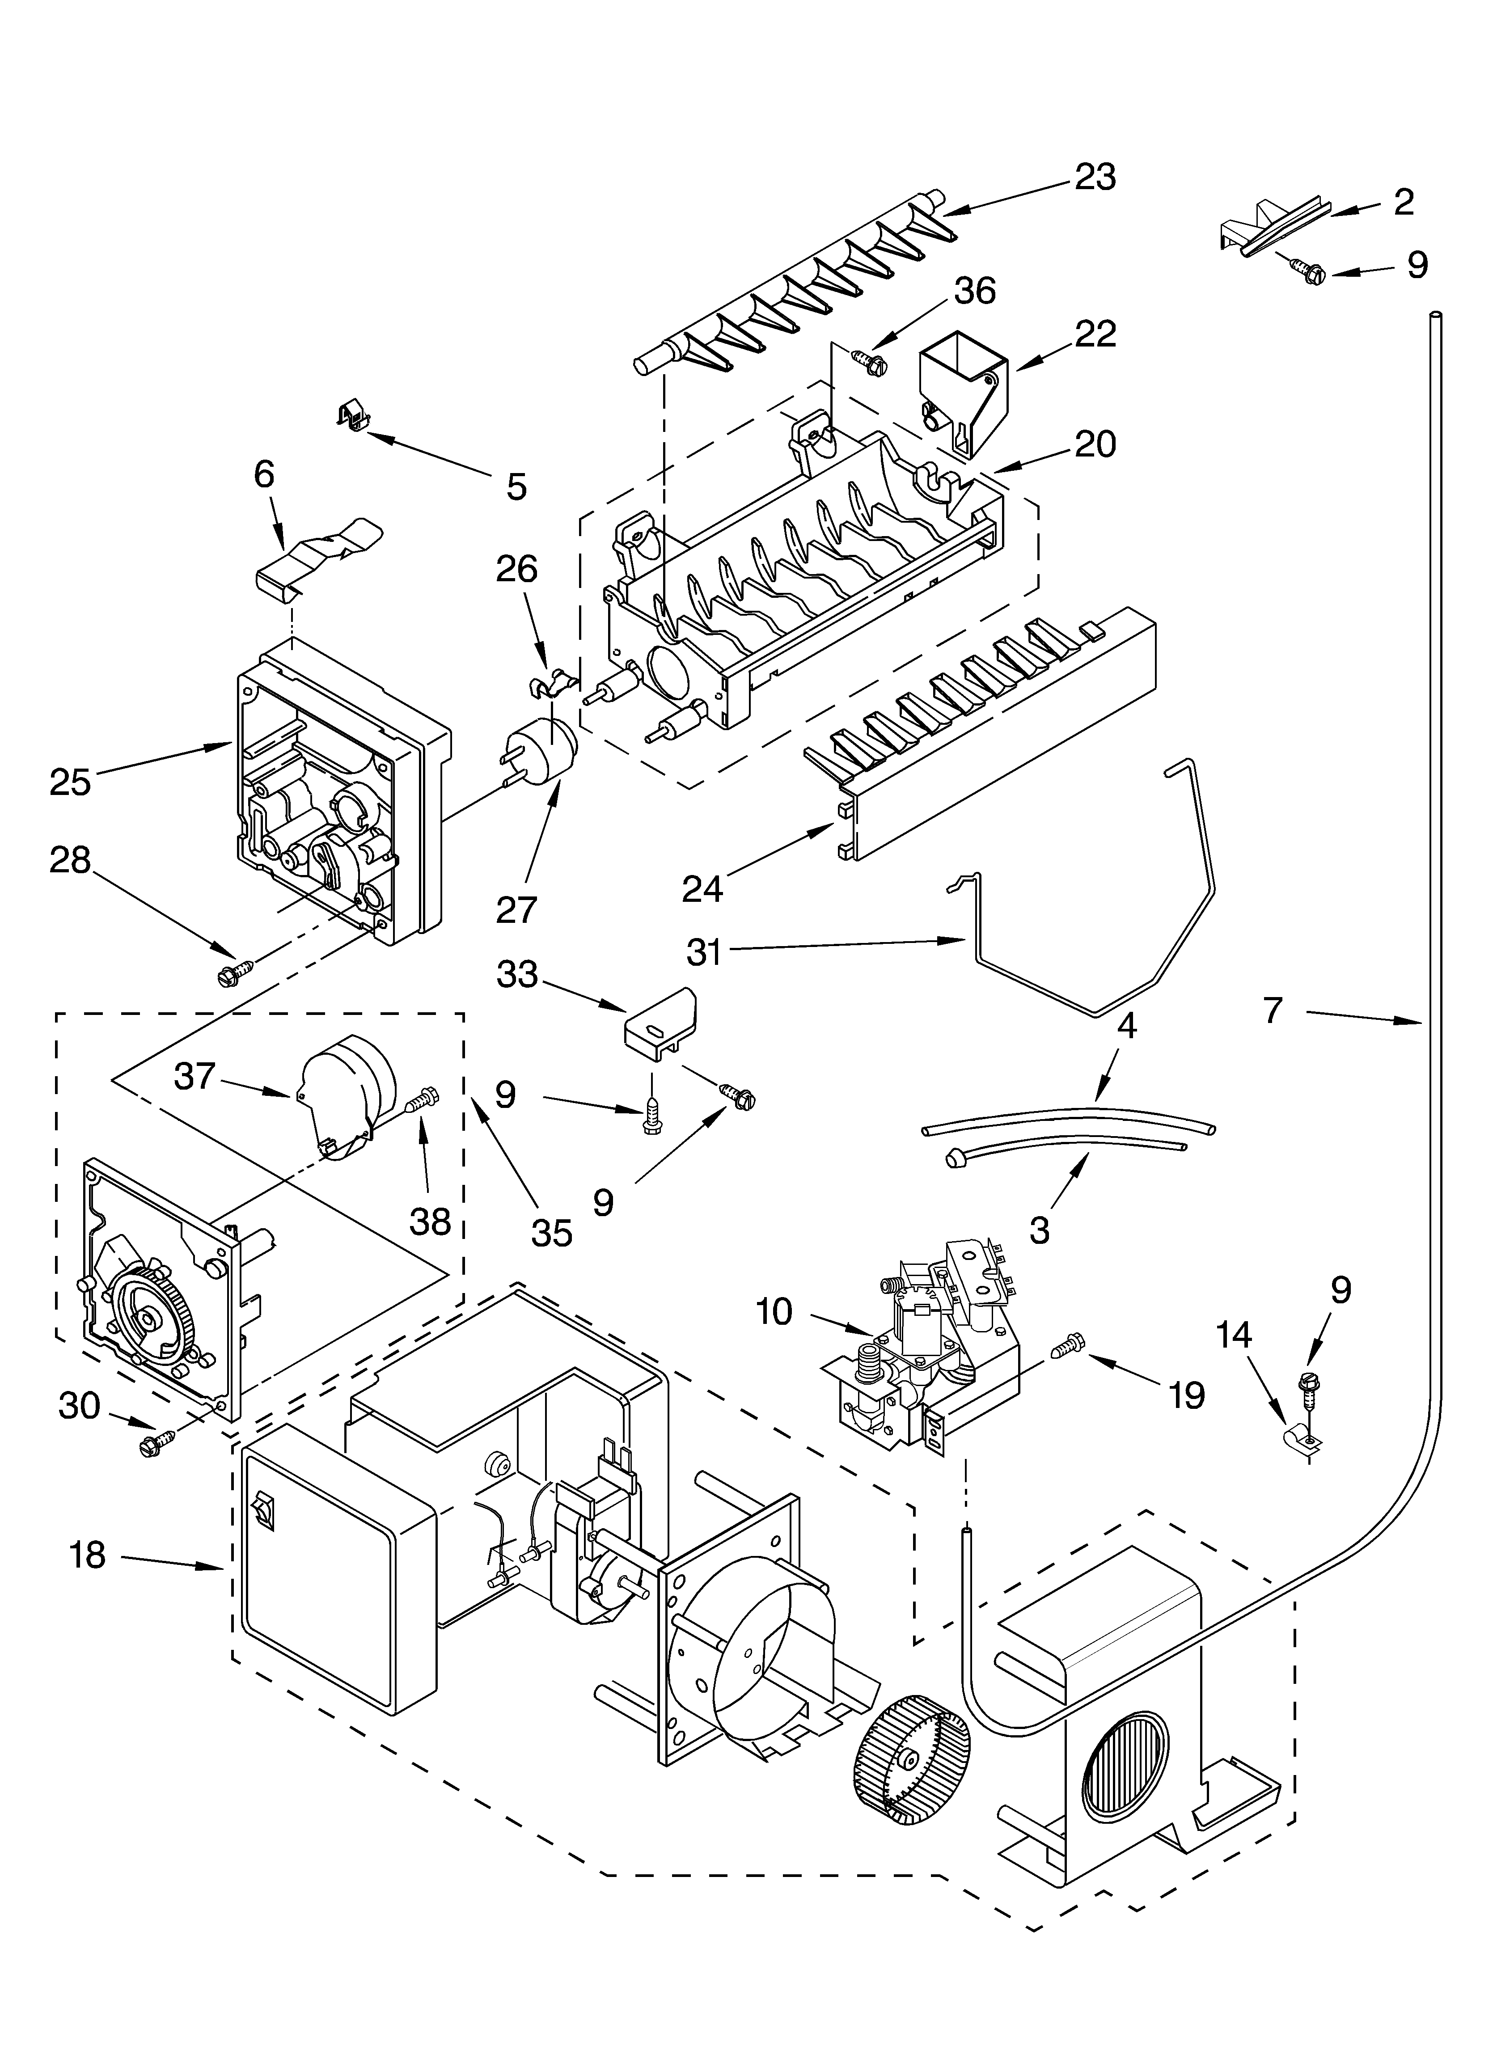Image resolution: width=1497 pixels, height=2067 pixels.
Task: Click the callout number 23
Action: pyautogui.click(x=1094, y=178)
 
